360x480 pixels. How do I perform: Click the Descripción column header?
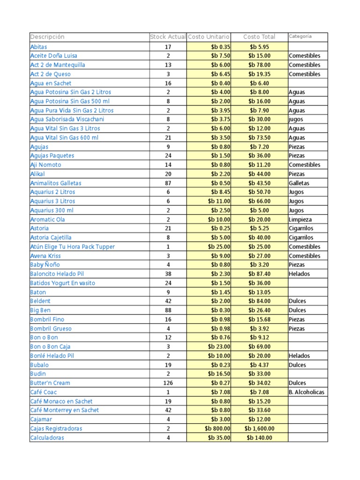pos(47,37)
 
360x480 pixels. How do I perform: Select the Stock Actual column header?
pos(168,37)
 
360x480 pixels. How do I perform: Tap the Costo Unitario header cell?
pos(209,37)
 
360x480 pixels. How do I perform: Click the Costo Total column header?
pos(259,37)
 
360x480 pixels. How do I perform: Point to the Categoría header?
pos(300,37)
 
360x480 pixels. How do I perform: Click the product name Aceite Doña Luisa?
pos(54,56)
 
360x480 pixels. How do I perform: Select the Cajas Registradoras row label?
pos(56,428)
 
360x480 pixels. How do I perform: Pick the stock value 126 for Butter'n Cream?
pos(168,383)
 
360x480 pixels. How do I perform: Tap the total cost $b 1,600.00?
pos(259,428)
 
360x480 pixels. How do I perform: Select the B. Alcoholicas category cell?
pos(307,392)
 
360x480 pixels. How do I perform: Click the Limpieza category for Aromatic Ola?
pos(300,219)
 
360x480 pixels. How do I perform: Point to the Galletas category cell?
pos(299,183)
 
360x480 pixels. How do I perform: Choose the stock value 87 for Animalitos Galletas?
pos(168,183)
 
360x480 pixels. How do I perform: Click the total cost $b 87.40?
pos(259,274)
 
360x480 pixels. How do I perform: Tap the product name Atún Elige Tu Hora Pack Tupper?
pos(72,247)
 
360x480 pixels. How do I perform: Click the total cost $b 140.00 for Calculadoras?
pos(259,438)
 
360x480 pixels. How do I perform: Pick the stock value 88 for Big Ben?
pos(168,310)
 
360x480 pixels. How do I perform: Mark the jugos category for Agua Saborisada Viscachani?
pos(296,120)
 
